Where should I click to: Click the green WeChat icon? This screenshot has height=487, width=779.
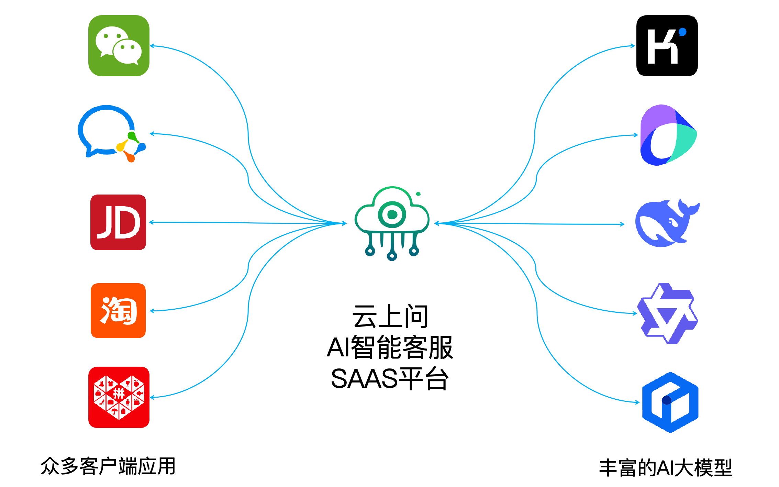coord(119,45)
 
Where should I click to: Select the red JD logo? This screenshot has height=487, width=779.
coord(118,222)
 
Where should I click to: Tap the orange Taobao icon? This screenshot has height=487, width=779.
coord(118,311)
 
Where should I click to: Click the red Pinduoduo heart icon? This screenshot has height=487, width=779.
coord(119,397)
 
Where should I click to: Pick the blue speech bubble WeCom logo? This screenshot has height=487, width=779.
coord(107,132)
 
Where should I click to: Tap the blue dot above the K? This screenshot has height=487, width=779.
coord(683,32)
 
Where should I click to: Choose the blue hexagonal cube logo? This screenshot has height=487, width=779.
coord(670,402)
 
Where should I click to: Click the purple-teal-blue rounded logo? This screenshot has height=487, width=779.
coord(668,135)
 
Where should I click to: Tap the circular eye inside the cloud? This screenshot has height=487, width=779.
coord(392,214)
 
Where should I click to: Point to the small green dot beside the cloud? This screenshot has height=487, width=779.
coord(418,194)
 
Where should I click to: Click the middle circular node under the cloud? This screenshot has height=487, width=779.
coord(392,256)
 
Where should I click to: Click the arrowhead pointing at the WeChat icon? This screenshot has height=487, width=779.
coord(152,46)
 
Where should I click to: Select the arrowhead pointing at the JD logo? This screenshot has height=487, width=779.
coord(151,222)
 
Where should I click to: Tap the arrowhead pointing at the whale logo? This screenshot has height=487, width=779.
coord(623,224)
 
